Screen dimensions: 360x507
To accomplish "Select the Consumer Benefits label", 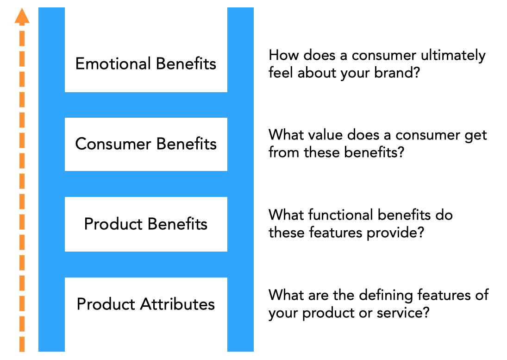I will coord(146,144).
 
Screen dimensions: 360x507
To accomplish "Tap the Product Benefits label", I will coord(146,224).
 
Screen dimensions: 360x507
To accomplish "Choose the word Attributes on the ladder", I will coord(177,304).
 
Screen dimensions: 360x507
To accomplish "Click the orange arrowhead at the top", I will coord(22,17).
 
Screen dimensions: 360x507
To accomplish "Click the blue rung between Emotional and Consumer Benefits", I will coord(146,105).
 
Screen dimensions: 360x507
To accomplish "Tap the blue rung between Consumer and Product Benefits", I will coord(146,184).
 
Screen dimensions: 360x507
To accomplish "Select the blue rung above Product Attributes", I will coord(146,265).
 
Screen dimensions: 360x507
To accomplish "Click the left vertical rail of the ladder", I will coord(51,185).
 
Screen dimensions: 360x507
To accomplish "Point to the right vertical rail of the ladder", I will coord(240,185).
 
